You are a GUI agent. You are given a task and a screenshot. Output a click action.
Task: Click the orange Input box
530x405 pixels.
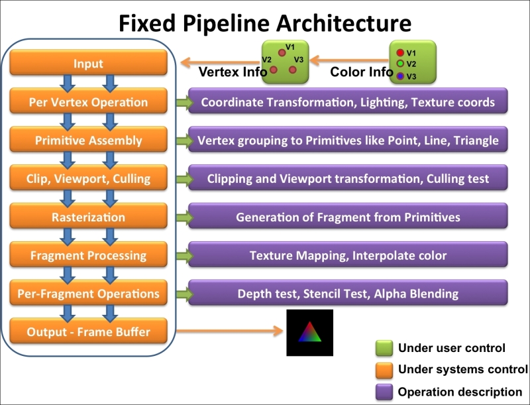(88, 62)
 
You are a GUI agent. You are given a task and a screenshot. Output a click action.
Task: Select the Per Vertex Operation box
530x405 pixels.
(88, 101)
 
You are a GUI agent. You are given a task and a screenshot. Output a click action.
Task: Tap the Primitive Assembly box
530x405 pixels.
(88, 139)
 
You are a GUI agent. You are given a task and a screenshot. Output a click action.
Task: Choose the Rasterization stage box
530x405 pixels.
(88, 215)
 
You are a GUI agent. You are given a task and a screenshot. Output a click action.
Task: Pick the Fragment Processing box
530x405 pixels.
(88, 255)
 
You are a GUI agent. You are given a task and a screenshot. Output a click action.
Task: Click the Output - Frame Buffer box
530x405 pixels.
(88, 331)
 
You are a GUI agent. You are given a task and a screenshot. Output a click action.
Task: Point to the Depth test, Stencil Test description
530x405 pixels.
(348, 292)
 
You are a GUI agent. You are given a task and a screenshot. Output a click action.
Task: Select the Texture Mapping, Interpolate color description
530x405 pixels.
(348, 255)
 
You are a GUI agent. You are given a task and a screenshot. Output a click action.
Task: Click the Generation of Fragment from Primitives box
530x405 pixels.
(348, 215)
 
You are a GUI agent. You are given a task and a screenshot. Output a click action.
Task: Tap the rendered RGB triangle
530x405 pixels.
(309, 333)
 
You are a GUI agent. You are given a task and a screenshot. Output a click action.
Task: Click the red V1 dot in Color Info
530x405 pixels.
(400, 53)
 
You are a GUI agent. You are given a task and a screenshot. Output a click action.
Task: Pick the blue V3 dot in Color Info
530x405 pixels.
(400, 76)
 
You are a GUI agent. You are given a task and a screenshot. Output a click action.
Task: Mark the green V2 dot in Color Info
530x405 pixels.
(400, 64)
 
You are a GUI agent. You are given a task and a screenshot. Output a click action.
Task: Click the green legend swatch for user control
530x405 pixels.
(384, 348)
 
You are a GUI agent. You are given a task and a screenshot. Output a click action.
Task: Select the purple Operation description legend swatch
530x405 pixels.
(384, 392)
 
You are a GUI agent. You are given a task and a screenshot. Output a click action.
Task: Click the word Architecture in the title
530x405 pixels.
(343, 23)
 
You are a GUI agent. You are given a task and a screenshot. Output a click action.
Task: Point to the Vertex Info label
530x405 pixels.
(233, 72)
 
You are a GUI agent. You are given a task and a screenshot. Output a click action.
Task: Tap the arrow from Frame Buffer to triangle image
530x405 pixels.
(230, 331)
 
